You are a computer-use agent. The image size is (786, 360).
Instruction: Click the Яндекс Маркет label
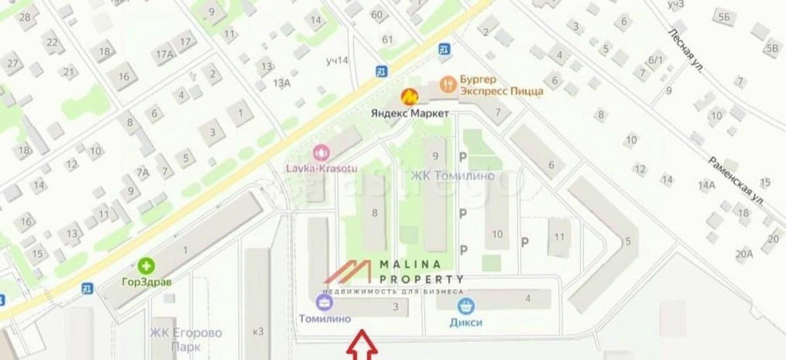click(x=410, y=114)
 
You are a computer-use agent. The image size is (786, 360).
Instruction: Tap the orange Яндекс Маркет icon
click(x=410, y=97)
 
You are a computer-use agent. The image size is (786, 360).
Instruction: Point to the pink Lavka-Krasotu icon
click(x=320, y=152)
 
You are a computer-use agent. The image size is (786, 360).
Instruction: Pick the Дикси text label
click(x=467, y=321)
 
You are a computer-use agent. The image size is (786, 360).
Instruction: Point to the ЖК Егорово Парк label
click(x=185, y=340)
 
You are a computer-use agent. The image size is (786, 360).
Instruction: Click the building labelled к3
click(x=259, y=331)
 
